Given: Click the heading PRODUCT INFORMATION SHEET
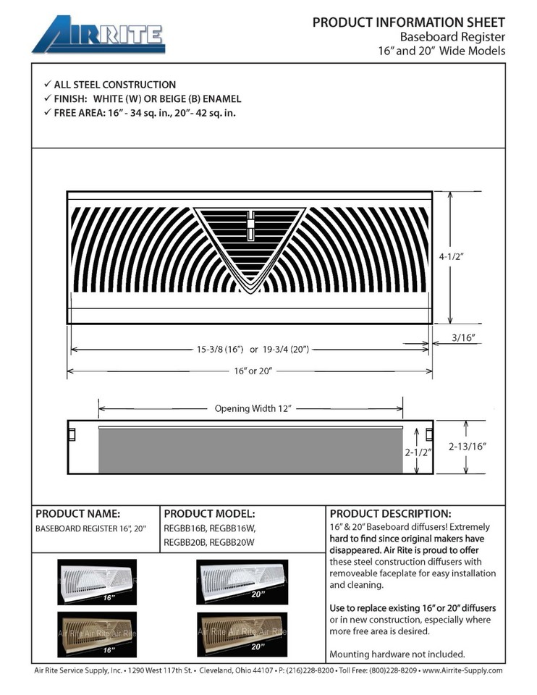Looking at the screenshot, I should (x=408, y=22).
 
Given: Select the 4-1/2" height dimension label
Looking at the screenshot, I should (x=471, y=256).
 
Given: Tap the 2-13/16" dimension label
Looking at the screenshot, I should (x=467, y=447).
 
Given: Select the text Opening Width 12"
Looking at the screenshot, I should (x=253, y=408).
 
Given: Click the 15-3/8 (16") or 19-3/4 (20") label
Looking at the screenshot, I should (x=253, y=349).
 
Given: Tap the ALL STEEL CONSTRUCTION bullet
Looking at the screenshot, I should (x=114, y=85).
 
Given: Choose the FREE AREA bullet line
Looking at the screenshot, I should (x=144, y=113).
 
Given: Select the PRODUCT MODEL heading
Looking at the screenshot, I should (x=209, y=513).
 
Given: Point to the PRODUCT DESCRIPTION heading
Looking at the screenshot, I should (x=390, y=513).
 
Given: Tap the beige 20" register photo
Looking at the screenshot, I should (x=242, y=631).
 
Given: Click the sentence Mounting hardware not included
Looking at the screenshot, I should (x=397, y=654).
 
